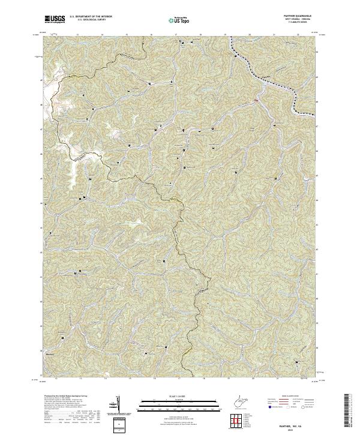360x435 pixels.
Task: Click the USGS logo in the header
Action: (55, 19)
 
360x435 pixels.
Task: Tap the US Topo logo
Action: (179, 19)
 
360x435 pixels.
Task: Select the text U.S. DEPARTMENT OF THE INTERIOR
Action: (91, 16)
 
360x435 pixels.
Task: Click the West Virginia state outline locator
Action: (240, 400)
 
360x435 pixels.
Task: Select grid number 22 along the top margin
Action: (298, 35)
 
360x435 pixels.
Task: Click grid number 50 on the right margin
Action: (317, 53)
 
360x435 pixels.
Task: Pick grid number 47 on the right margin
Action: (317, 128)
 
